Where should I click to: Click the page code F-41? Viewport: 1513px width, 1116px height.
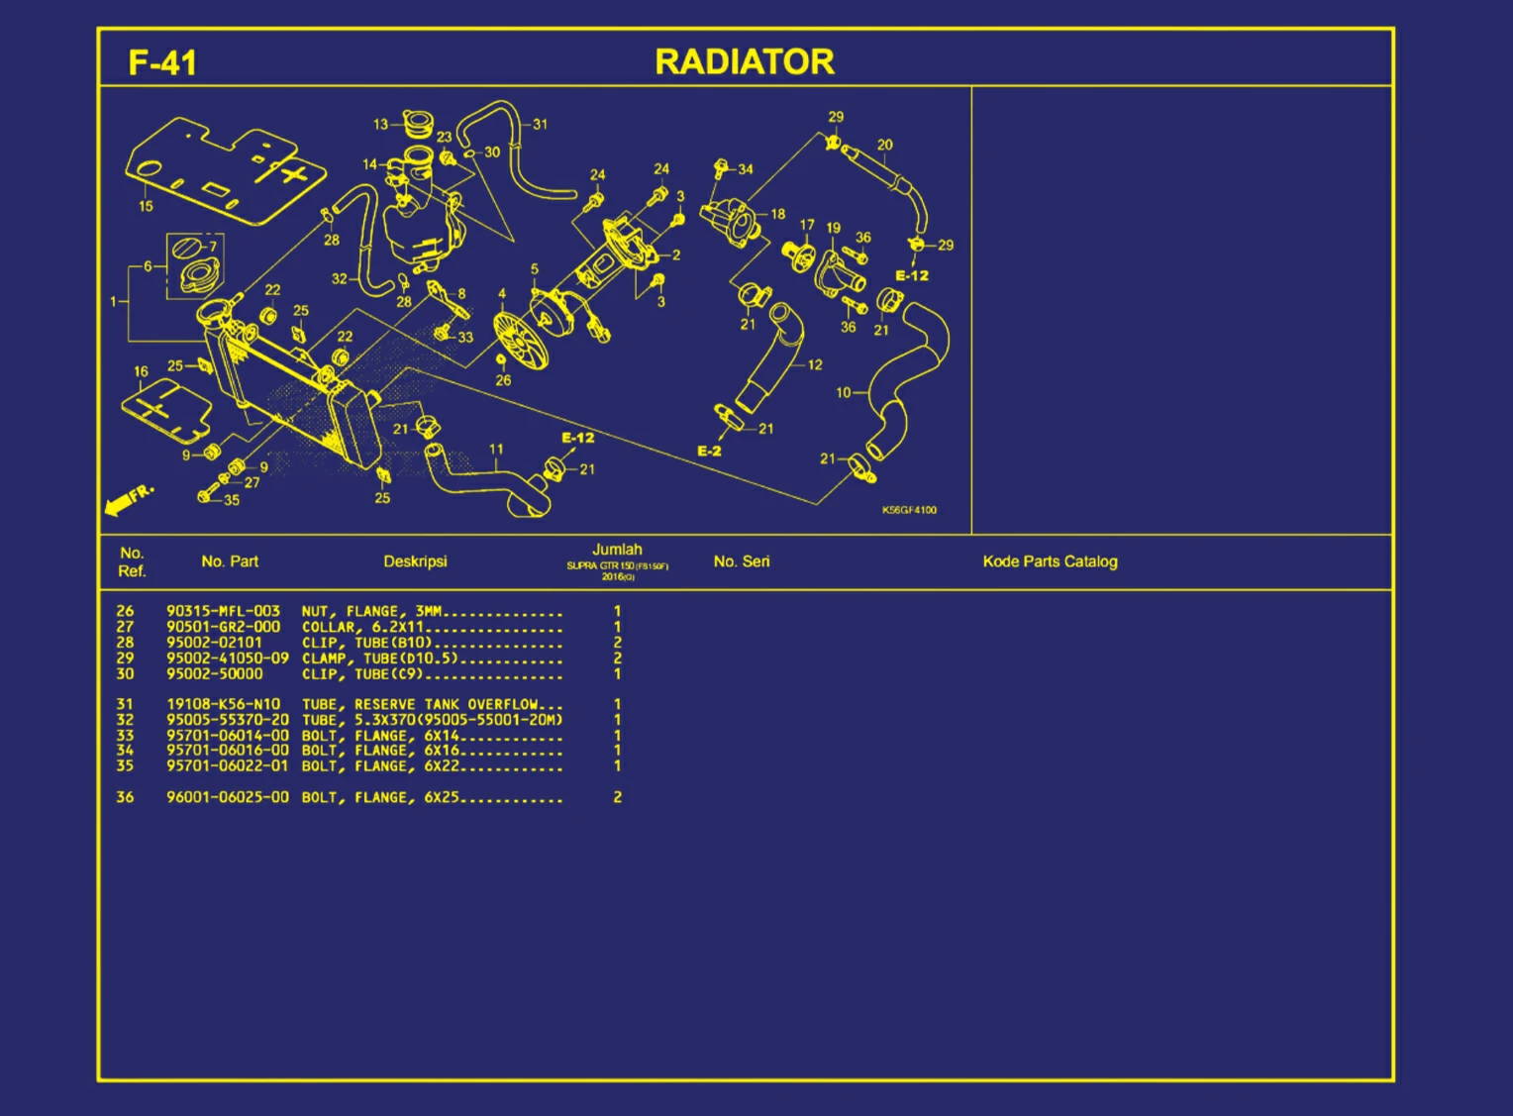pos(162,62)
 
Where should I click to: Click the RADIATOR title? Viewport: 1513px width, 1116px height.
pos(745,62)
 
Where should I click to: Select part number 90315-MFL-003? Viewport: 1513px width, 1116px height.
pos(224,611)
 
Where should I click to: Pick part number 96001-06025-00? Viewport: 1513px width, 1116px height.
pos(228,797)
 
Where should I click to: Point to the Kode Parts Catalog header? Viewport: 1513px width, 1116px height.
pos(1050,561)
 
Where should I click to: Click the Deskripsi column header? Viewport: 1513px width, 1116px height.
pos(415,561)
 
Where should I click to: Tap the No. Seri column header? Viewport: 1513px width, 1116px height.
pos(741,561)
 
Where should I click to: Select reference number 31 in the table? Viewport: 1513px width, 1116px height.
pos(125,705)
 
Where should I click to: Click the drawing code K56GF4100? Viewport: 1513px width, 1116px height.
pos(908,510)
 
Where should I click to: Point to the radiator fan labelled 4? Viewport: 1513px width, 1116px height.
pos(519,342)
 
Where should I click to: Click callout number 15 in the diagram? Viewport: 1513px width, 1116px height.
pos(146,206)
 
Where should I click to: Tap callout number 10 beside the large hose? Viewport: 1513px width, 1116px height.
pos(843,392)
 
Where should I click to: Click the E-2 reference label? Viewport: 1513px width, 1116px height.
pos(709,451)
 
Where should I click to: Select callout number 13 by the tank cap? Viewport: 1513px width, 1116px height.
pos(380,125)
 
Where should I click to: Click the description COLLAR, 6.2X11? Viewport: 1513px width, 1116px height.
pos(362,628)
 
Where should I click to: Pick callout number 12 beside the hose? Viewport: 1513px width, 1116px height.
pos(815,364)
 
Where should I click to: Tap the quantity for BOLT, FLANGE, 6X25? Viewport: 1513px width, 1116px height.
pos(617,797)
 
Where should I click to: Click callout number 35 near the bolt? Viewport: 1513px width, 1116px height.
pos(232,501)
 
